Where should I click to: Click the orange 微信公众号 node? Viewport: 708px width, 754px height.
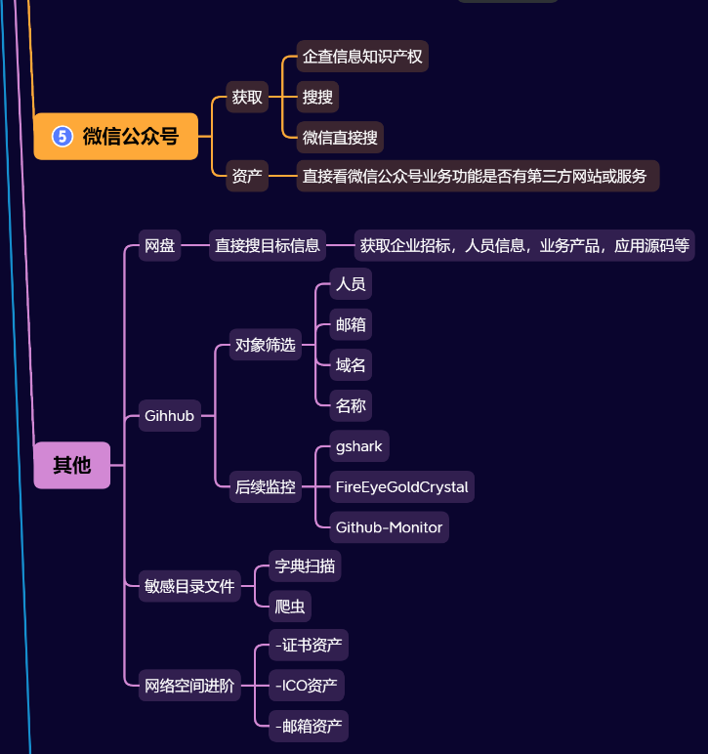[116, 136]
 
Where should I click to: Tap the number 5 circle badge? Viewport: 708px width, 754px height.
[62, 136]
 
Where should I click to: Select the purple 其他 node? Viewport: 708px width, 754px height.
[72, 465]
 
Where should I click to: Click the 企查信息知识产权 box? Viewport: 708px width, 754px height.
[362, 56]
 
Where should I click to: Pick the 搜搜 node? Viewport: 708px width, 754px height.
[317, 97]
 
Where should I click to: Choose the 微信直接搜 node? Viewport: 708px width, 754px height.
[340, 137]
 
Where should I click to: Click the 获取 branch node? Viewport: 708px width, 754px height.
[247, 97]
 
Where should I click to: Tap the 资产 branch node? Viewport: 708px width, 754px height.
[247, 176]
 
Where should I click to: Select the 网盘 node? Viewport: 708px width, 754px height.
[159, 245]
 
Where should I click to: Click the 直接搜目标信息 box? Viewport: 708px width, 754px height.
[268, 245]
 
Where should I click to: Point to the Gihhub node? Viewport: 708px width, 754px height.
[169, 416]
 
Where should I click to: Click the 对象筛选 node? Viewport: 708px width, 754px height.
[265, 344]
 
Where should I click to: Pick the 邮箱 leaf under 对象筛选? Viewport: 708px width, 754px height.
[351, 324]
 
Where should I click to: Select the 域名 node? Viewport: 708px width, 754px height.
[351, 365]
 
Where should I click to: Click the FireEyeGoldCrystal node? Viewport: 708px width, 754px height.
[401, 486]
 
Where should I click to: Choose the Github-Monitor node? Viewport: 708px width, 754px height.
[389, 527]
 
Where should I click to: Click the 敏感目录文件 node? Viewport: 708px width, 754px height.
[189, 586]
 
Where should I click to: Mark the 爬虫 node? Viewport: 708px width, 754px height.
[290, 606]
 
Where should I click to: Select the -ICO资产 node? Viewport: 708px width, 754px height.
[307, 685]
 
